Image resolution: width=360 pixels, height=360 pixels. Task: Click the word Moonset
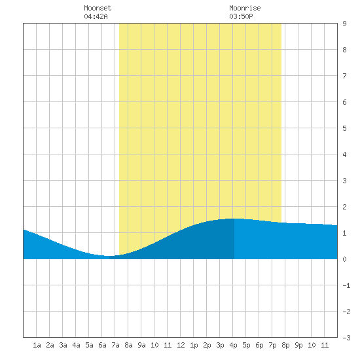click(98, 8)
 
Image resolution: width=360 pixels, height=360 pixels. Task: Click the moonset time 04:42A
click(96, 16)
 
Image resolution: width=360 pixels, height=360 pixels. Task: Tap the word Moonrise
click(245, 8)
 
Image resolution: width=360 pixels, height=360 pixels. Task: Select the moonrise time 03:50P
click(241, 16)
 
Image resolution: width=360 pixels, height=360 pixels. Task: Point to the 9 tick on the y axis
click(344, 24)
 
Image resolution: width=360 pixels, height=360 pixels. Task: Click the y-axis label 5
click(344, 128)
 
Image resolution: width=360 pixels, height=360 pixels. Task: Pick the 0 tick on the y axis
click(344, 259)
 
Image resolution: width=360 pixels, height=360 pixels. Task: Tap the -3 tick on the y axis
click(346, 338)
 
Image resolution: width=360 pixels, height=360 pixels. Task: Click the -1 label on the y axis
click(346, 285)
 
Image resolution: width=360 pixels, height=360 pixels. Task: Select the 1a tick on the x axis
click(37, 345)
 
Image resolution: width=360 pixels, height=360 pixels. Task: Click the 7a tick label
click(115, 345)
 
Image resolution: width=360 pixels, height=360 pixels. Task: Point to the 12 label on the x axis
click(181, 345)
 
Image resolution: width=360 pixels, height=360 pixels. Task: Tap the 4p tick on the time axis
click(233, 345)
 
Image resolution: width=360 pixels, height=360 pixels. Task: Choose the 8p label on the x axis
click(285, 345)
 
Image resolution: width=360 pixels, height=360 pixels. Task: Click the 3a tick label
click(63, 345)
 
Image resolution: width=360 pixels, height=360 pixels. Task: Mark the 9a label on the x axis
click(141, 345)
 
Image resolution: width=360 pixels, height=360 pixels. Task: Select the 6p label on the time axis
click(259, 345)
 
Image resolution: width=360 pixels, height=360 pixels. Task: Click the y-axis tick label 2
click(344, 207)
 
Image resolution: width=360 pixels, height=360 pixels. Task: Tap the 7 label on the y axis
click(344, 76)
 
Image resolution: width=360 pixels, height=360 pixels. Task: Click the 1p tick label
click(194, 345)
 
